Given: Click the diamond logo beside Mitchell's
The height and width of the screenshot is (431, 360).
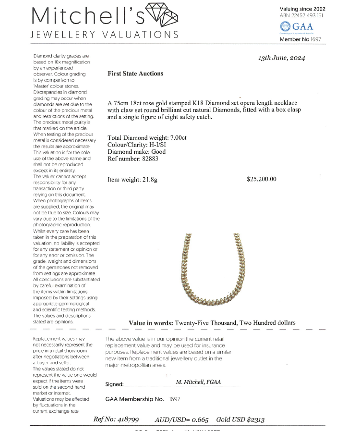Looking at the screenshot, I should coord(161,15).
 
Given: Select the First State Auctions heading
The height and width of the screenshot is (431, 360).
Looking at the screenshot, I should coord(135,74).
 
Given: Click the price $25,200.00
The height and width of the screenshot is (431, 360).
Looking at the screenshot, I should coord(262,179).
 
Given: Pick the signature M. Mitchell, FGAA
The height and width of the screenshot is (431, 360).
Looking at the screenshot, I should coord(198,382).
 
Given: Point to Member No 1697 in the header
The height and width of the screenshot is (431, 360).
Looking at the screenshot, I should coord(300,39).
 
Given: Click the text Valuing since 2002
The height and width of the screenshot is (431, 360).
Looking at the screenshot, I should coord(302,9).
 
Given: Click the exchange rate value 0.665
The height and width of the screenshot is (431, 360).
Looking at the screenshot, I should coord(197,419).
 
